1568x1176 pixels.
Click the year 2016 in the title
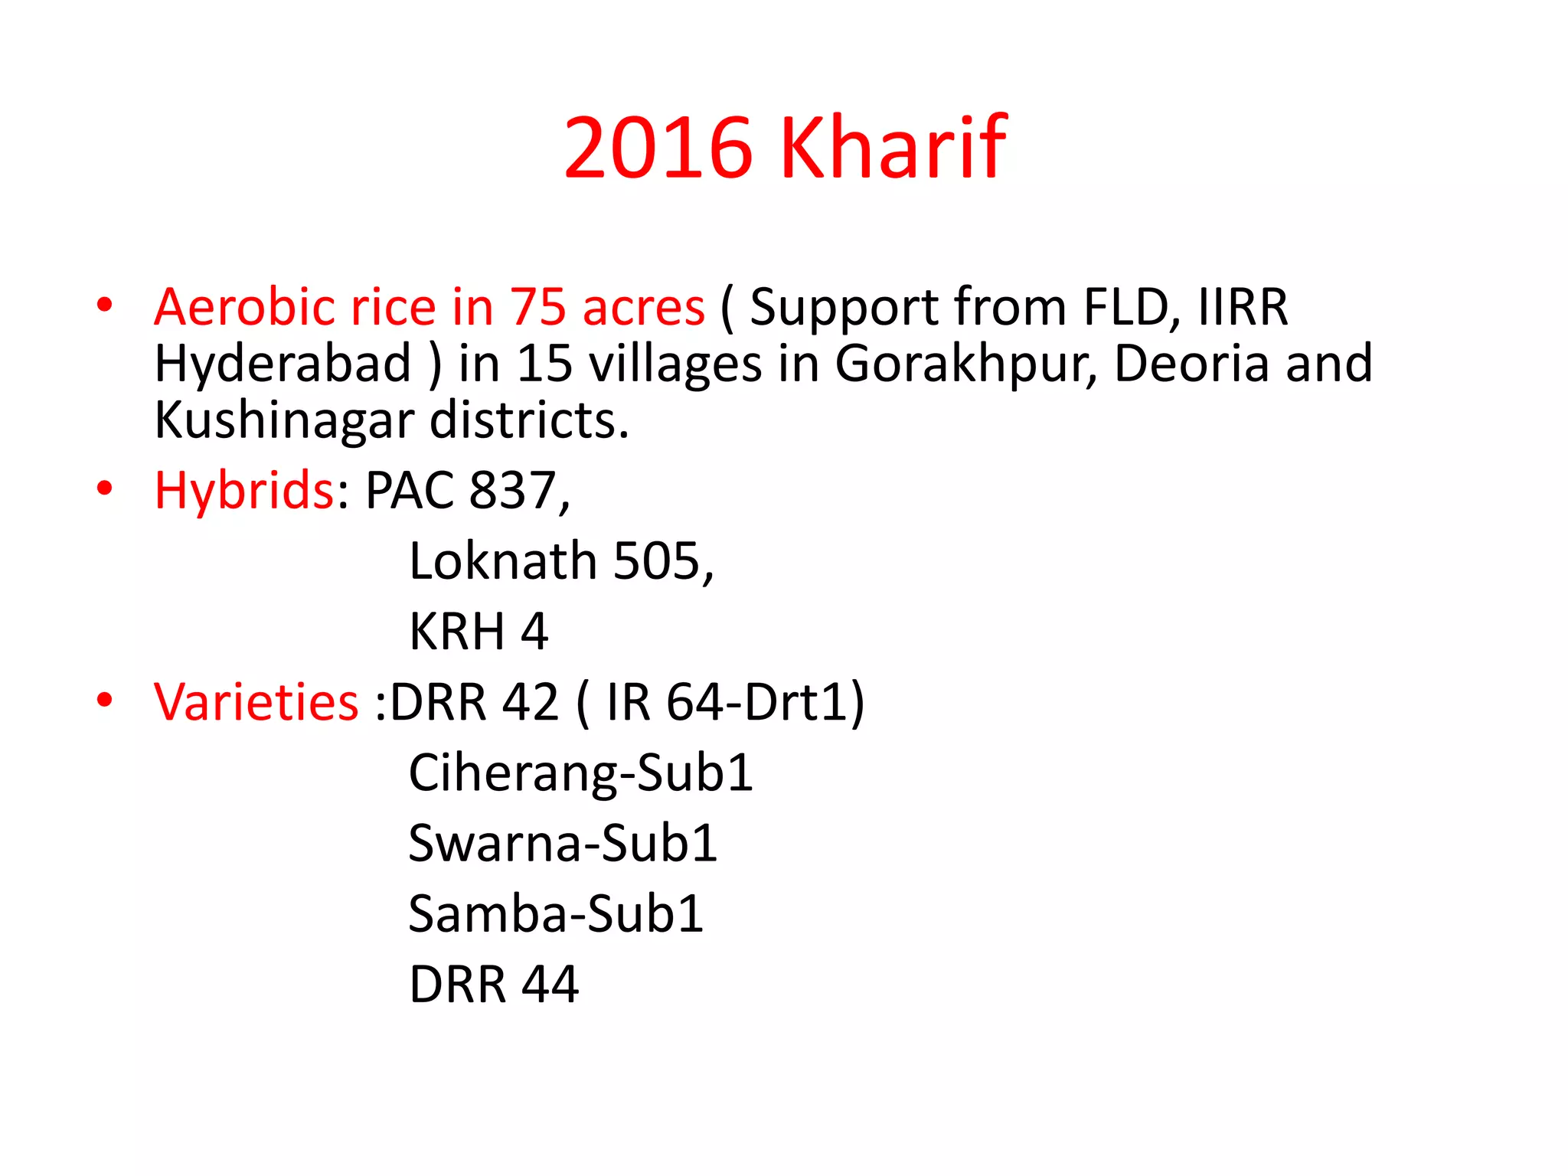tap(658, 147)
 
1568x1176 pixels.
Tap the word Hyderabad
tap(283, 363)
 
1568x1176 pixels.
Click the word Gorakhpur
tap(965, 363)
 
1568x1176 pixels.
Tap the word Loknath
tap(503, 561)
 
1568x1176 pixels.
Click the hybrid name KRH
tap(457, 632)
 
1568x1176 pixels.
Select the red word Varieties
tap(256, 702)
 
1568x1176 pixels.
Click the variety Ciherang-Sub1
tap(580, 773)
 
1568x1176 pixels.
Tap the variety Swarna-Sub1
tap(563, 843)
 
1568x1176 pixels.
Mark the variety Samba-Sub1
tap(556, 913)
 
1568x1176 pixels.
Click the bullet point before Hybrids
tap(105, 488)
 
